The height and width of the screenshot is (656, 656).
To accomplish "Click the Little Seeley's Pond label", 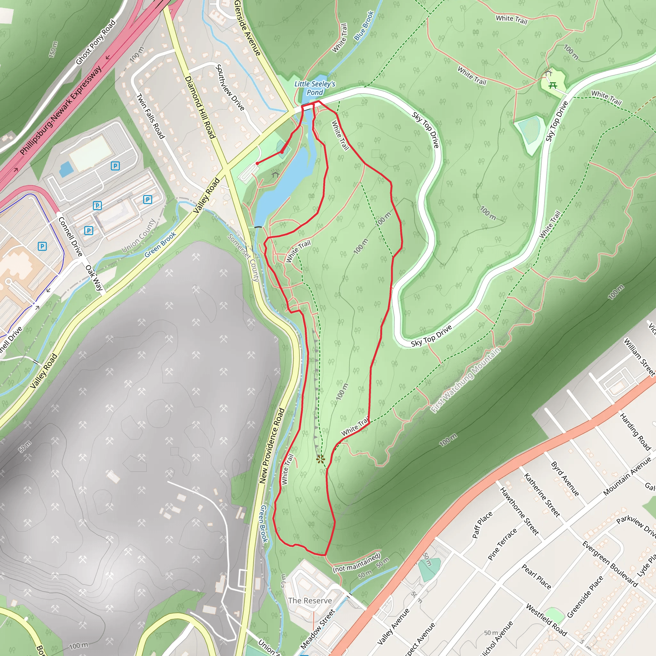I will [x=315, y=88].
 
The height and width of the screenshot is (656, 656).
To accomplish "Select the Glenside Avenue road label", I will [x=247, y=28].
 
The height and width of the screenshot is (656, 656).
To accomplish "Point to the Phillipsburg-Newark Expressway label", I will [x=61, y=111].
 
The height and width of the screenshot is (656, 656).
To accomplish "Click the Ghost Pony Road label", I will [x=96, y=42].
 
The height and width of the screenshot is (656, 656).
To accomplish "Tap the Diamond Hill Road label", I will [x=200, y=107].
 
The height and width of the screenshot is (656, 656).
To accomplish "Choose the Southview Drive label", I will [x=230, y=87].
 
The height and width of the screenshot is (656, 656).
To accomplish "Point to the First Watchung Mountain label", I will [x=465, y=380].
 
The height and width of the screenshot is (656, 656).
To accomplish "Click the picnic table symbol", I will [x=553, y=85].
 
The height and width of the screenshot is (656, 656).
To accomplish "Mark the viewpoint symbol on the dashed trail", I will [x=320, y=459].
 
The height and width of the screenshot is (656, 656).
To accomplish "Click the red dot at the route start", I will [x=257, y=163].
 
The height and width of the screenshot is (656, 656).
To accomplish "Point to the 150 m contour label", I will [x=53, y=49].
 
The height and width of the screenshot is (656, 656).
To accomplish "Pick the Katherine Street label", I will [x=542, y=495].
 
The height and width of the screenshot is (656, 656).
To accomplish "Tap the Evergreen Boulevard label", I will [x=610, y=564].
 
